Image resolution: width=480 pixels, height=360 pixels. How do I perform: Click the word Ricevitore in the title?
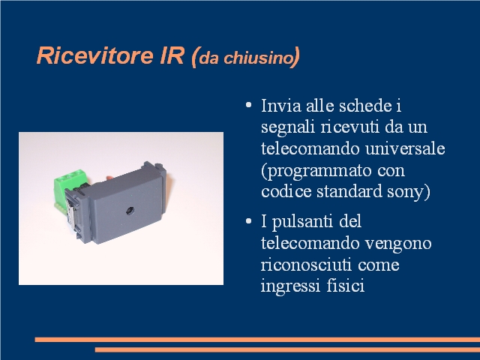click(x=94, y=55)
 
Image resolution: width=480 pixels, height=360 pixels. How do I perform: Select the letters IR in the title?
click(x=172, y=55)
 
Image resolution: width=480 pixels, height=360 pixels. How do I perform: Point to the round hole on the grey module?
click(x=130, y=211)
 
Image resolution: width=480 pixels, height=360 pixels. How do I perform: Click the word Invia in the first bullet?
click(x=280, y=106)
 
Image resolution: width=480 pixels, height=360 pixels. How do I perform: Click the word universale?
click(x=405, y=148)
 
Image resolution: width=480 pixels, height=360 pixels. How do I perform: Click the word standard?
click(x=349, y=192)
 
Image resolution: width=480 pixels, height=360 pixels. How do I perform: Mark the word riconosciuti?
click(x=306, y=265)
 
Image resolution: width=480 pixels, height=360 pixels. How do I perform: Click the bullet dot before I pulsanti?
click(x=248, y=221)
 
